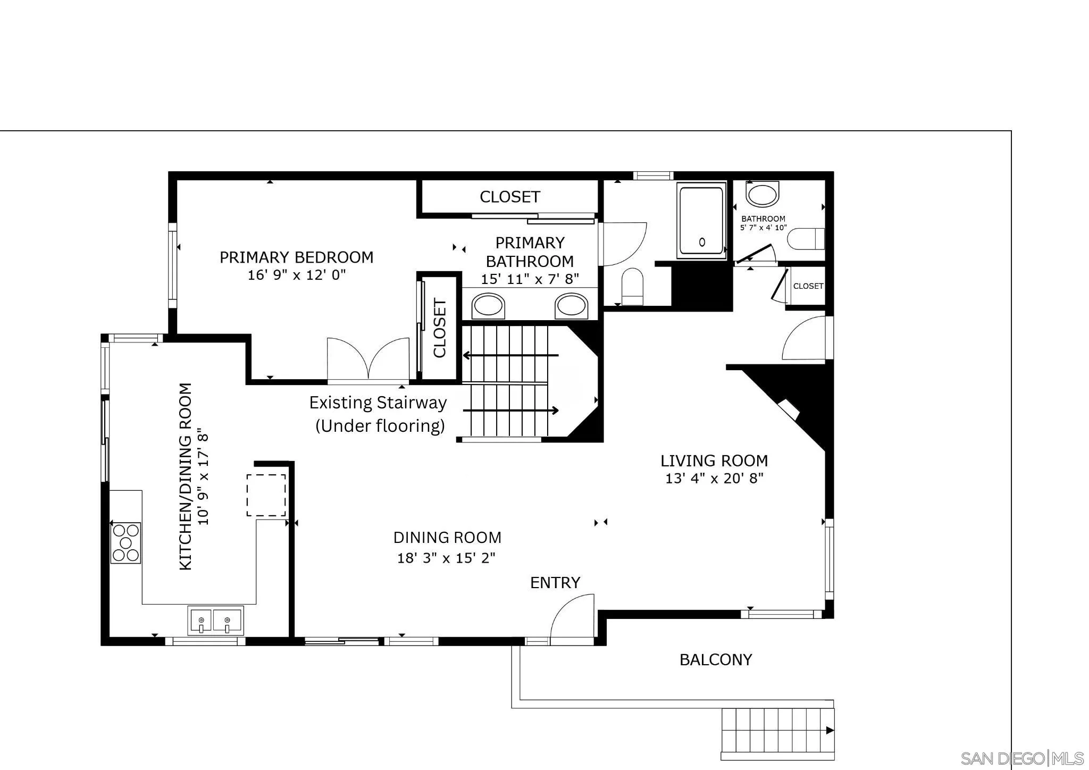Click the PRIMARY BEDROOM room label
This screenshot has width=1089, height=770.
(x=296, y=257)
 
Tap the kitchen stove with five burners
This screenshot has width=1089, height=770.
(x=125, y=543)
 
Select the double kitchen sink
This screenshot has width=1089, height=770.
(x=216, y=621)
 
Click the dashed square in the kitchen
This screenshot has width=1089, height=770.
(x=266, y=495)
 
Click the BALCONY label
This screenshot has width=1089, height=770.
(x=716, y=660)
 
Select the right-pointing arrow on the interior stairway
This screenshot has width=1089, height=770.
(x=554, y=410)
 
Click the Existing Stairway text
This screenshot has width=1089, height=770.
(x=378, y=403)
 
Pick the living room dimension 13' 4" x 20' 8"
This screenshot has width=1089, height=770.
(x=714, y=478)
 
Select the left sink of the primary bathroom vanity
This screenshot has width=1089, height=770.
(x=488, y=306)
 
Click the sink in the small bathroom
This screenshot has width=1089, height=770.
(x=763, y=194)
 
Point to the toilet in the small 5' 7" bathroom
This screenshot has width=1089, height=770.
(x=805, y=239)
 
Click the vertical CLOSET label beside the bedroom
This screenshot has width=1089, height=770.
(x=440, y=328)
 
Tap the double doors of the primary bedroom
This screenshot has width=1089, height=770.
(x=368, y=359)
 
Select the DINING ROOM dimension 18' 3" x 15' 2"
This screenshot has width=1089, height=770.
(x=447, y=558)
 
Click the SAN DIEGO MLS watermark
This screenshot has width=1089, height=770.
(x=1022, y=758)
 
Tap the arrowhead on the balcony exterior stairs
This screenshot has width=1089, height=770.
(x=830, y=731)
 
